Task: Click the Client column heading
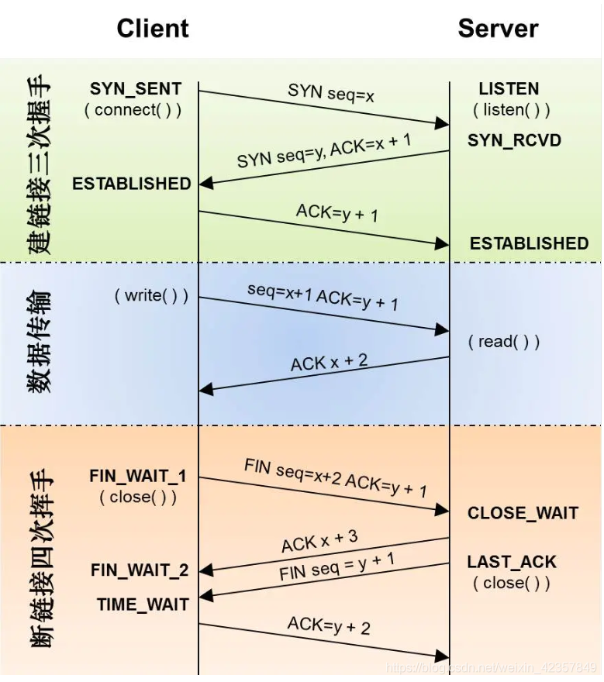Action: (x=153, y=29)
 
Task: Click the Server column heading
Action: (x=498, y=29)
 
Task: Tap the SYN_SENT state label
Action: (x=136, y=89)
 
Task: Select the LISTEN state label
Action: (x=509, y=89)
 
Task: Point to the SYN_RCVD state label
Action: (x=514, y=141)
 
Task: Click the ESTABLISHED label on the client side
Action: (x=131, y=184)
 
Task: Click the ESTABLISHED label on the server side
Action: (x=529, y=243)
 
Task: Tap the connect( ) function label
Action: (x=133, y=110)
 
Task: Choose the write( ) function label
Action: (x=151, y=295)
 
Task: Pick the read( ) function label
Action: (x=504, y=342)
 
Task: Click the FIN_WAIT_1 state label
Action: (x=138, y=476)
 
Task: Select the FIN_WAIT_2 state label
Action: (x=140, y=571)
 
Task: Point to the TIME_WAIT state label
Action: (x=143, y=604)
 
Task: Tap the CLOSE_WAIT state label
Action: (x=523, y=513)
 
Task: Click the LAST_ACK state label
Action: (x=512, y=562)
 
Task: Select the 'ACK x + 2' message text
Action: (x=329, y=363)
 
